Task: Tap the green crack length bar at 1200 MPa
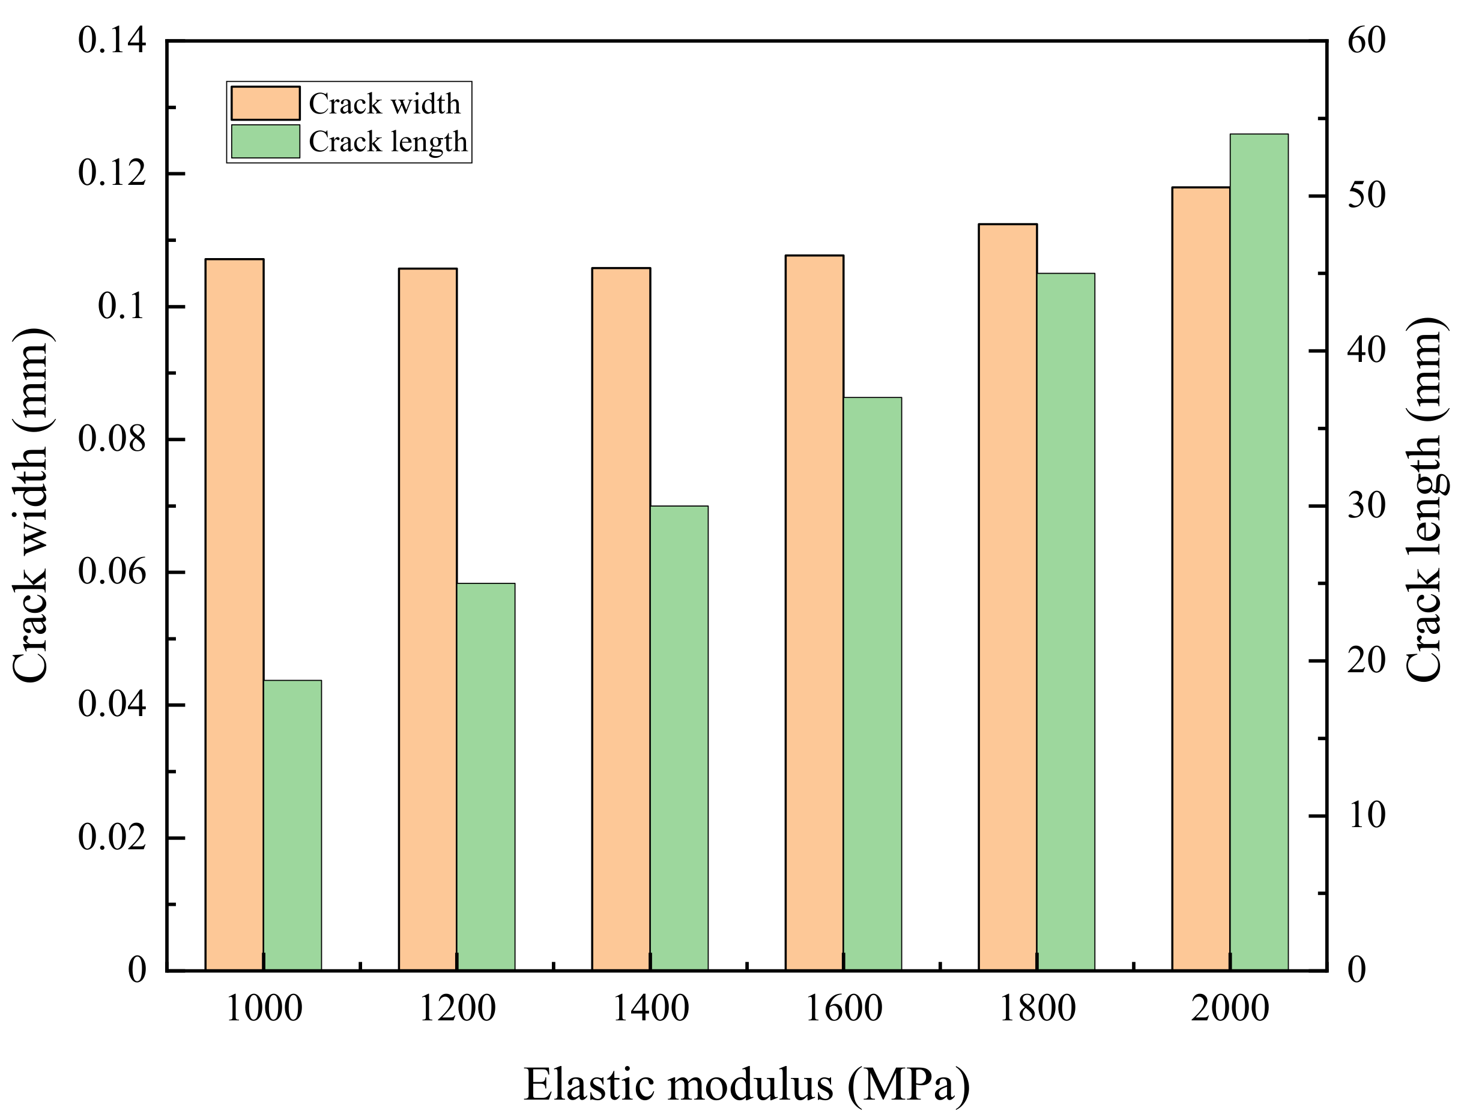(486, 777)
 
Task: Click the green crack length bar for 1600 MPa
(873, 683)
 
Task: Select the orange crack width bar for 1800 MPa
(1008, 597)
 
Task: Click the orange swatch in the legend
(265, 103)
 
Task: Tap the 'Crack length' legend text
(388, 141)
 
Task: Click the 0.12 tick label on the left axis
(112, 173)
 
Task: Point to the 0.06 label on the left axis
(112, 571)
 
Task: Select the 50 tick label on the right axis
(1367, 196)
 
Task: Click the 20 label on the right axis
(1367, 660)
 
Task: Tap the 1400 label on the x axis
(650, 1008)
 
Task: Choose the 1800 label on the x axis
(1037, 1008)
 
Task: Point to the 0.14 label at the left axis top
(112, 40)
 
